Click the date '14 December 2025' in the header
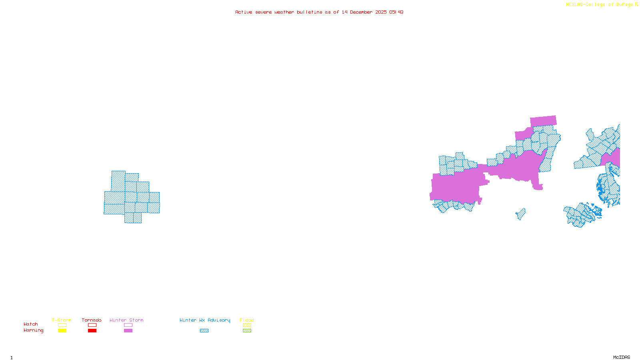pos(364,12)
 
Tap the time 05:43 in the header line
pos(396,12)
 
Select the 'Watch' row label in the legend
pos(31,324)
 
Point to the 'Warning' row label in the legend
pos(33,330)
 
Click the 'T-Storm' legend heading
pos(62,320)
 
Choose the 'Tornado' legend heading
pos(92,320)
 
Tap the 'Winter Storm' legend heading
pos(126,320)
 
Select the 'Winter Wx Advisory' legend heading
pos(205,320)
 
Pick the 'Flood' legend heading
pos(247,320)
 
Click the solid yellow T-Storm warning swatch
pos(62,331)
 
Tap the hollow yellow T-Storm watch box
pos(62,325)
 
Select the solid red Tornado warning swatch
pos(92,331)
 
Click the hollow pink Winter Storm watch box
pos(128,325)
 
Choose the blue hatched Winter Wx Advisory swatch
pos(204,331)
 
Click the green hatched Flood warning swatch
pos(247,331)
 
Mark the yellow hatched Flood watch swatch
pos(247,325)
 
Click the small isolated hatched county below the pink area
pos(521,214)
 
